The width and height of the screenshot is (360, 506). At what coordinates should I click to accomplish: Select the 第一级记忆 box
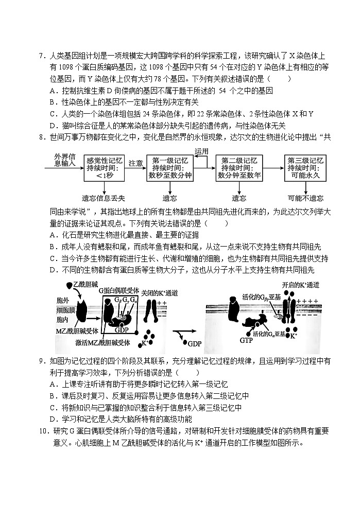170,168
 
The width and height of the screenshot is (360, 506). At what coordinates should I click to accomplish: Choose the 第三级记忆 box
305,168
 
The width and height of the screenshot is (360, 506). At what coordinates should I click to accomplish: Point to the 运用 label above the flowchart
202,151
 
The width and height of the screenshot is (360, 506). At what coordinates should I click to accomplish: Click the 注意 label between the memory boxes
136,163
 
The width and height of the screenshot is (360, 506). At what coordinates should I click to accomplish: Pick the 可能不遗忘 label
305,198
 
